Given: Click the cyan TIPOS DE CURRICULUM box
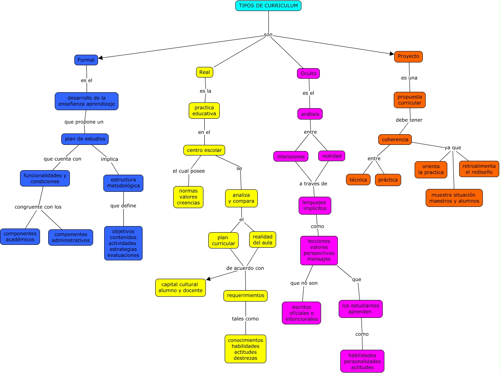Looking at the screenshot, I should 268,6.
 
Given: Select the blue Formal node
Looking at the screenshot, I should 86,60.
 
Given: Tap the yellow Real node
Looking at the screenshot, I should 205,72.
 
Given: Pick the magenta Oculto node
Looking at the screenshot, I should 308,73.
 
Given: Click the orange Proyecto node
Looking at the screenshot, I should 408,56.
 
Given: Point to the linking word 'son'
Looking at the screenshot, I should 268,35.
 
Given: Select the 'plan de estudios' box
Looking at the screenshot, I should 85,139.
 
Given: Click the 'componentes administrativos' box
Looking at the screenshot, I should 71,238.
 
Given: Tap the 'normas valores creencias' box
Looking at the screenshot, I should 188,197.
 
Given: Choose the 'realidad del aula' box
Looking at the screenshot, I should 263,240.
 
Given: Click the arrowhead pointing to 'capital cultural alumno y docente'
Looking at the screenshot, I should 208,279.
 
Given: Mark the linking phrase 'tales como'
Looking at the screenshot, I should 245,319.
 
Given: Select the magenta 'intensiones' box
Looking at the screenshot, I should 291,156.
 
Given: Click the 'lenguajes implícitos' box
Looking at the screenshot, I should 315,205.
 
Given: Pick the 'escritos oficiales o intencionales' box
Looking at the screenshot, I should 301,313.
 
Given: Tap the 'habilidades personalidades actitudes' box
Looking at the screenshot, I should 362,361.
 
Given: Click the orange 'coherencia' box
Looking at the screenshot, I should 395,140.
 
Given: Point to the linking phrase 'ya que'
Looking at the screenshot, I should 453,147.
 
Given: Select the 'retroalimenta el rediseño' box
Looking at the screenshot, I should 479,169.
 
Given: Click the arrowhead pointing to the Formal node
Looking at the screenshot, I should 101,58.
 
